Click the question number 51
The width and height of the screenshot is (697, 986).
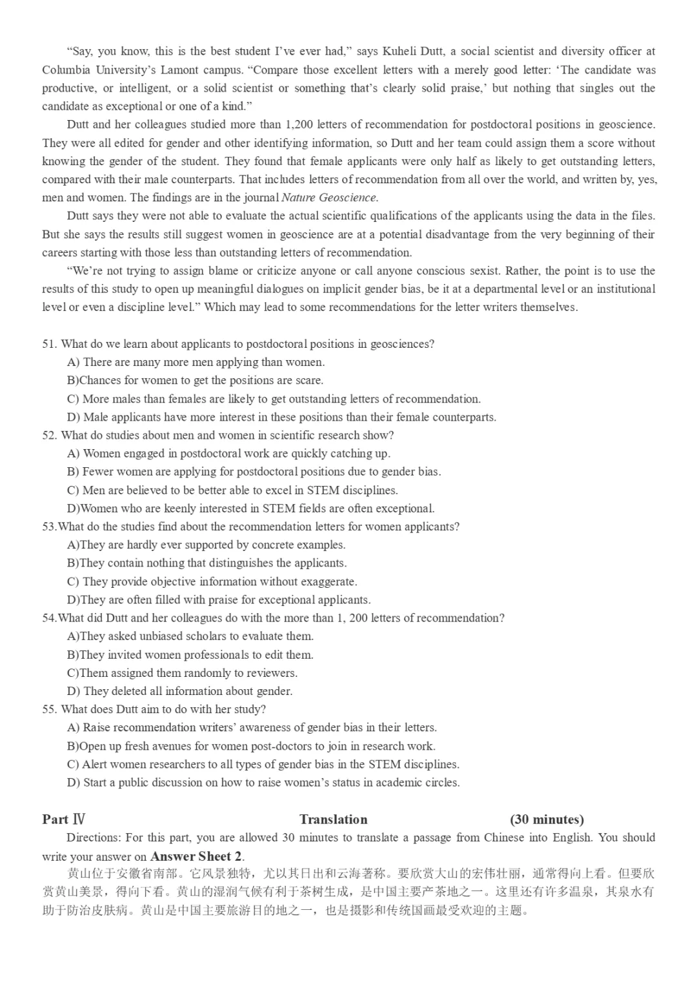49,344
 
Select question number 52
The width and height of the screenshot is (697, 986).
49,435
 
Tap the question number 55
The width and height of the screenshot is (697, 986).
49,709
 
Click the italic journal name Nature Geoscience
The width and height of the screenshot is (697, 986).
330,197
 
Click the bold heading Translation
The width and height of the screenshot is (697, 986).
333,820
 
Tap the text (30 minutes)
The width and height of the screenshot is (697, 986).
547,820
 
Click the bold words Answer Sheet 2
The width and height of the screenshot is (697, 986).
196,857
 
